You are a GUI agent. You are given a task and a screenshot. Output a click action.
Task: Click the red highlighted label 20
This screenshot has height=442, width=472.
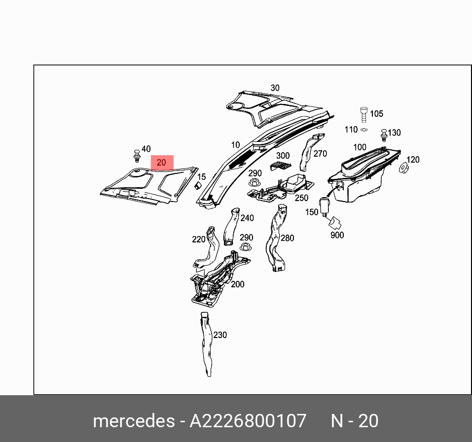[x=162, y=163]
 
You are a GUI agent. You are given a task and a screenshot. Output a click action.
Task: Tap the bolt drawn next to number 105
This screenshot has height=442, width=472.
[x=364, y=115]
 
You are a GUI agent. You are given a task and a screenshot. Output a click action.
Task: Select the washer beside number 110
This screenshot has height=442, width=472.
[x=364, y=130]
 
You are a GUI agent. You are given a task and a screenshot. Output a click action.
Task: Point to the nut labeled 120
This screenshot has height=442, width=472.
[x=402, y=169]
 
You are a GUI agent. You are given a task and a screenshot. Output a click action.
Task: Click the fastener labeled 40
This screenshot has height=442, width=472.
[x=137, y=155]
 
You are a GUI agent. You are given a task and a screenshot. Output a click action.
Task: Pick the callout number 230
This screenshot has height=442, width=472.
[x=220, y=335]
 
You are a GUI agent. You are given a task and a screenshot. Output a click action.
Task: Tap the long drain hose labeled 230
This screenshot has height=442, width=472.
[x=206, y=345]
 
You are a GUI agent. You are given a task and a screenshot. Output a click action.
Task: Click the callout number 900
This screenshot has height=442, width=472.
[x=337, y=236]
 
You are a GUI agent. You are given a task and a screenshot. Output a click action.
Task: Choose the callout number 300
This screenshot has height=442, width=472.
[x=283, y=156]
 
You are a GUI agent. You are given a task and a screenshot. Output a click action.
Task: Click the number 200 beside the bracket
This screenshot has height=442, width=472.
[x=238, y=284]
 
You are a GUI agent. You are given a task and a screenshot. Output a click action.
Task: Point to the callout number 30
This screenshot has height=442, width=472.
[x=275, y=88]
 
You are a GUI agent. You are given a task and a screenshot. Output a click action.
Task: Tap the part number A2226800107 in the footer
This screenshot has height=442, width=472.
[x=248, y=421]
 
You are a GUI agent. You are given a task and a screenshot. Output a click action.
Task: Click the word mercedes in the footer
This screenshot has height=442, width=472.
[x=133, y=421]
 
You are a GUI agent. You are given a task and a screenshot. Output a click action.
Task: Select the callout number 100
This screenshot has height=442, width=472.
[x=360, y=147]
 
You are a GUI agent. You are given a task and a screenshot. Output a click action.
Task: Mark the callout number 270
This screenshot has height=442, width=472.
[x=320, y=154]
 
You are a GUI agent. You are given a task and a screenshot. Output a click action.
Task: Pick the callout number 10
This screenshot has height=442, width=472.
[x=235, y=145]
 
